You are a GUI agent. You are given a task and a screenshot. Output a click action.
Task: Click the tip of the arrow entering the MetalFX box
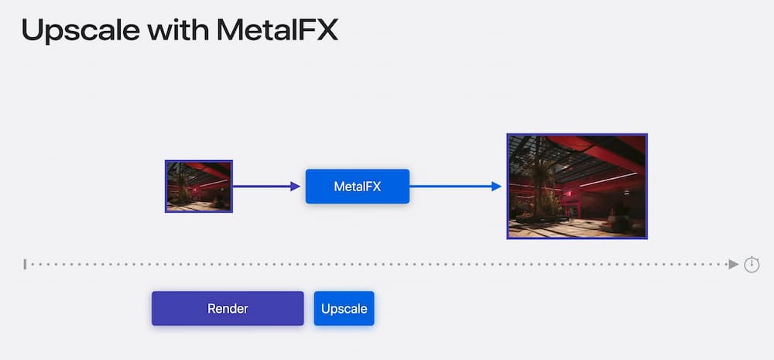click(x=300, y=186)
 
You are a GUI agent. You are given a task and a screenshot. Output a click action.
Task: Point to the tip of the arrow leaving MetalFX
click(x=502, y=186)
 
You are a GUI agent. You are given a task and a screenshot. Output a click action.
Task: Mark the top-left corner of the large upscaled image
click(x=507, y=133)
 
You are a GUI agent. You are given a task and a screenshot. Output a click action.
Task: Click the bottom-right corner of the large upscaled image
click(x=647, y=239)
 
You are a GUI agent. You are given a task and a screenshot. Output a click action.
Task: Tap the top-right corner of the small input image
click(x=232, y=160)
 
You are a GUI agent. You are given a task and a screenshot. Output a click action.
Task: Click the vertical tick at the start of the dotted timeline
click(x=25, y=264)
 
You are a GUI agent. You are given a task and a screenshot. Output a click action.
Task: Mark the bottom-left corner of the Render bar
click(x=152, y=325)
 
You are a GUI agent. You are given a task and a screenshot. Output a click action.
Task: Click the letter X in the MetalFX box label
click(x=377, y=187)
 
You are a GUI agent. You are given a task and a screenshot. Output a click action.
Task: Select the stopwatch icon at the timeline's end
click(x=752, y=264)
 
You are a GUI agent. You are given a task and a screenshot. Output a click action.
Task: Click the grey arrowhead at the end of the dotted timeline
click(x=734, y=264)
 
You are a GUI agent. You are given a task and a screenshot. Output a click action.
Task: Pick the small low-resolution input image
click(x=198, y=186)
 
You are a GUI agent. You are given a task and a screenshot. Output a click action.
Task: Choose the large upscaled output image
click(x=577, y=186)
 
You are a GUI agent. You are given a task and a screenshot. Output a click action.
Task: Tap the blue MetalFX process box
click(x=358, y=186)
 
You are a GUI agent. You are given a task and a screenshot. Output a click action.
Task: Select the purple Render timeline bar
click(x=228, y=308)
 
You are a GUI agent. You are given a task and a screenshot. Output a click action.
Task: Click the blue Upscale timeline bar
click(x=344, y=308)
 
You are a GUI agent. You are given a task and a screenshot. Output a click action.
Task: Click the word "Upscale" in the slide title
click(x=80, y=31)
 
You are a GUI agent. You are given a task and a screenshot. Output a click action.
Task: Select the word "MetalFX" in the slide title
click(x=277, y=29)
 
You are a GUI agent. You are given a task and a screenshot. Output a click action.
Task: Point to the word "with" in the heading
click(x=178, y=29)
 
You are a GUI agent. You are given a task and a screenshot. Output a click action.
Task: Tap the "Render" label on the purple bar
click(x=228, y=309)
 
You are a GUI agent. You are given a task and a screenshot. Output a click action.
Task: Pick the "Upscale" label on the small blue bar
click(x=344, y=309)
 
